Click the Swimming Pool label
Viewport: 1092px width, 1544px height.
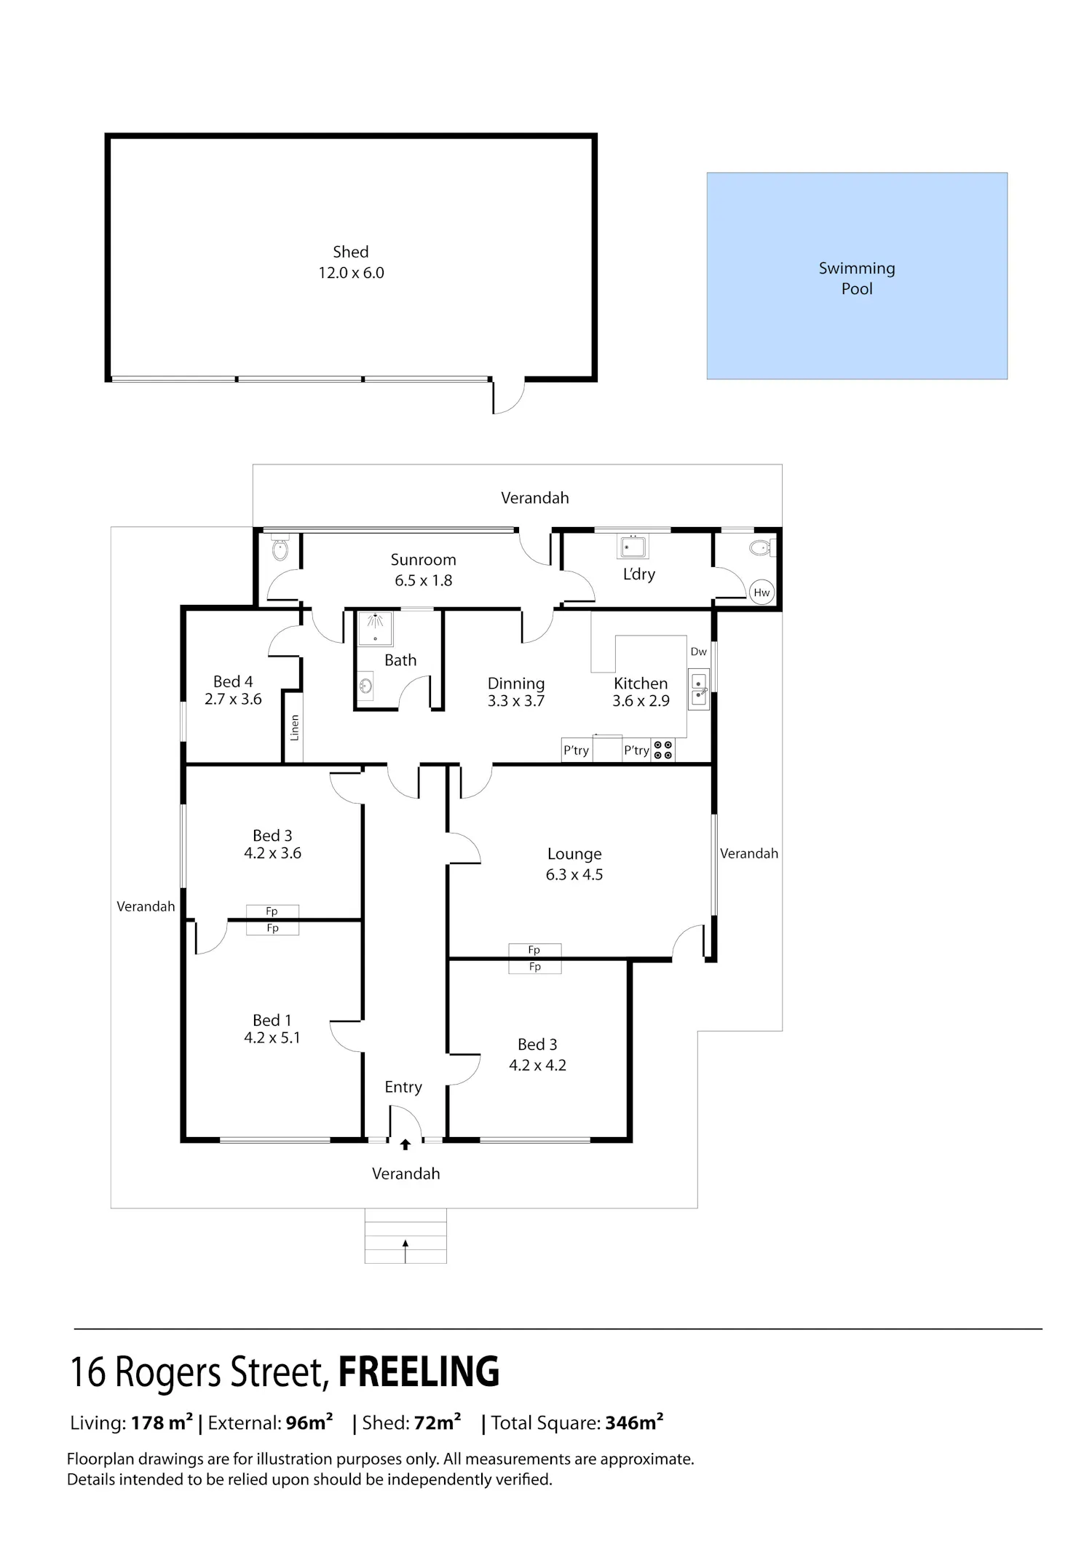pyautogui.click(x=857, y=278)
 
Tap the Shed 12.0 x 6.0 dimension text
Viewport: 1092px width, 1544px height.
pyautogui.click(x=351, y=273)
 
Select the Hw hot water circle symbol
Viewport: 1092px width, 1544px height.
pyautogui.click(x=761, y=593)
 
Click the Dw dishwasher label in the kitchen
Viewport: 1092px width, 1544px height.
pyautogui.click(x=698, y=652)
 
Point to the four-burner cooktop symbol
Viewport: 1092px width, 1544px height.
pyautogui.click(x=663, y=750)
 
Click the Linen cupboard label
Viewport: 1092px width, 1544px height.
pyautogui.click(x=294, y=727)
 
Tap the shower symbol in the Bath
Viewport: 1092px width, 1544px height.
pyautogui.click(x=375, y=628)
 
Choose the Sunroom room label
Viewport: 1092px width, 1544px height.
pyautogui.click(x=423, y=560)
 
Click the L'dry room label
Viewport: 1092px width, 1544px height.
pyautogui.click(x=638, y=574)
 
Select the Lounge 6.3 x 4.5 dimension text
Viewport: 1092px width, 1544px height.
pyautogui.click(x=574, y=874)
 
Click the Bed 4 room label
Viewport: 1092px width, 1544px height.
pyautogui.click(x=233, y=681)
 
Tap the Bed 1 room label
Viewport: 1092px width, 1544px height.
pyautogui.click(x=272, y=1021)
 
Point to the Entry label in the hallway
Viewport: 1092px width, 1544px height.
pyautogui.click(x=403, y=1087)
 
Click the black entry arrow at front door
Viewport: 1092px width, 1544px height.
pyautogui.click(x=405, y=1144)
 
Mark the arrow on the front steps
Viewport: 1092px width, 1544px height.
pyautogui.click(x=405, y=1251)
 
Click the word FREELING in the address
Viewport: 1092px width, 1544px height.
pyautogui.click(x=419, y=1371)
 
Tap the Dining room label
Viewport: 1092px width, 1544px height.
pyautogui.click(x=516, y=684)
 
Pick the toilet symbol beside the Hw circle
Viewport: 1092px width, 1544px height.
pyautogui.click(x=760, y=547)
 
